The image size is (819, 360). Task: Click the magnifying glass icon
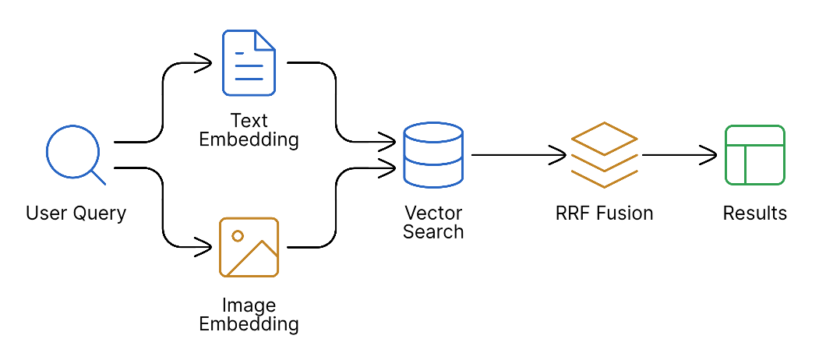pos(73,154)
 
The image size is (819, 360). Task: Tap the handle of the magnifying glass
pos(97,177)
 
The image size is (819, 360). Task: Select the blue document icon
pos(249,62)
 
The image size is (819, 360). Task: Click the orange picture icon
pos(249,247)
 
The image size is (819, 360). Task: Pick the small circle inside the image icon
pos(238,235)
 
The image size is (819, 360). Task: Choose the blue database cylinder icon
pos(433,155)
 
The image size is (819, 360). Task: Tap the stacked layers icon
pos(604,154)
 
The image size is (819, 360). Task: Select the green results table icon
pos(754,155)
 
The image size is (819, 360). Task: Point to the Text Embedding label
pos(249,130)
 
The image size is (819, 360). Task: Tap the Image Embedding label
pos(249,315)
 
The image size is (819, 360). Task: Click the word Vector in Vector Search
pos(433,213)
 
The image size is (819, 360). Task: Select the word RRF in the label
pos(571,214)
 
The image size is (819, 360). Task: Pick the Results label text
pos(754,214)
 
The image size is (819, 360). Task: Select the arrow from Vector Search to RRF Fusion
pos(517,155)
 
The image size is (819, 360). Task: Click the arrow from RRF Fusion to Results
pos(678,155)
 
